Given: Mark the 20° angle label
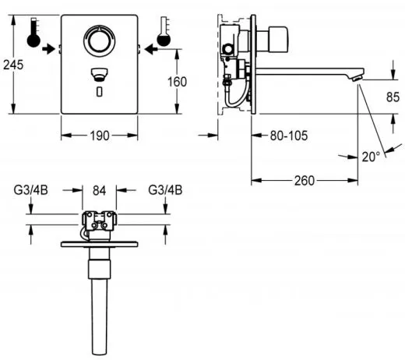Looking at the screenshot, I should click(x=371, y=156).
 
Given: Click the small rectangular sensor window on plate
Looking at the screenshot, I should click(x=98, y=92).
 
